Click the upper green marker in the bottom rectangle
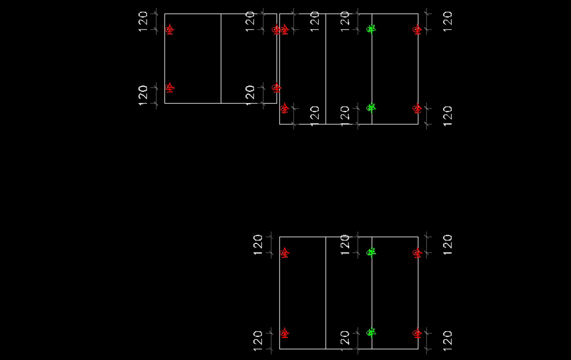pyautogui.click(x=371, y=252)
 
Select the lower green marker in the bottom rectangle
pyautogui.click(x=371, y=332)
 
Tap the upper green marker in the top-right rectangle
pyautogui.click(x=371, y=29)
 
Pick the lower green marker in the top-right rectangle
pyautogui.click(x=371, y=108)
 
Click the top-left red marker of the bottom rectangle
pyautogui.click(x=285, y=253)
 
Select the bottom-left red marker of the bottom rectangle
pyautogui.click(x=285, y=332)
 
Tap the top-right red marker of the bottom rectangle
pyautogui.click(x=417, y=253)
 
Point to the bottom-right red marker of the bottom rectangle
pyautogui.click(x=417, y=332)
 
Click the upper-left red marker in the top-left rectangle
pyautogui.click(x=169, y=30)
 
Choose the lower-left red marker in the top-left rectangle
pyautogui.click(x=169, y=88)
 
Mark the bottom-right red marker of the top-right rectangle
pyautogui.click(x=417, y=109)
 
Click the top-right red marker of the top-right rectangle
pyautogui.click(x=417, y=30)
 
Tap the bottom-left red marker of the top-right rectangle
pyautogui.click(x=285, y=109)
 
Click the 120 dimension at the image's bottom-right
pyautogui.click(x=447, y=340)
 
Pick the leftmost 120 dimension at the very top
pyautogui.click(x=143, y=21)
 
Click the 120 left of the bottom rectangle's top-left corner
pyautogui.click(x=258, y=245)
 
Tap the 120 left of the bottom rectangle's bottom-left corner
pyautogui.click(x=258, y=341)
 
